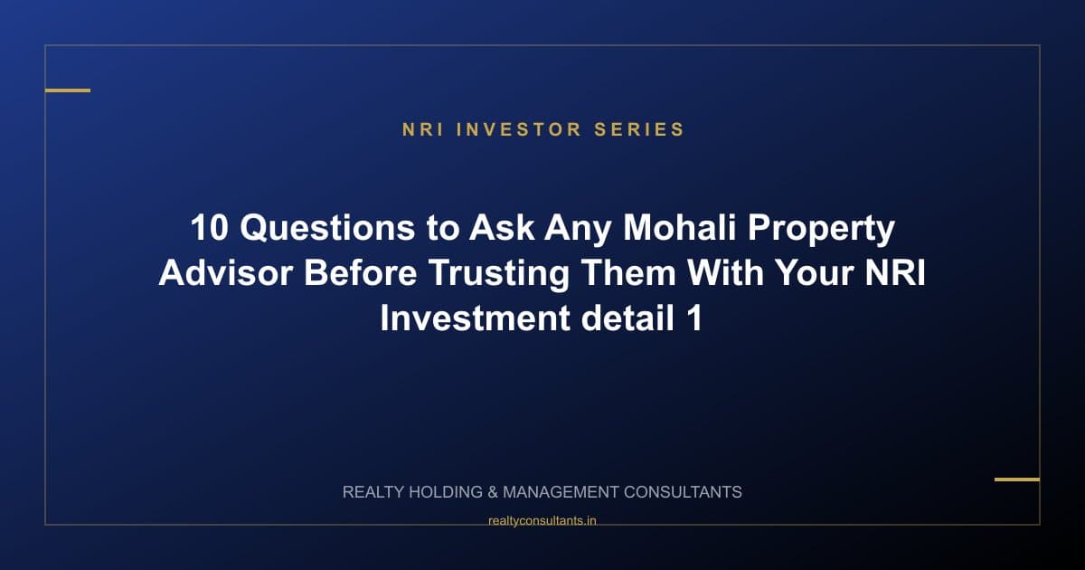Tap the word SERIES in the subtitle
[639, 129]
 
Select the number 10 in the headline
[210, 229]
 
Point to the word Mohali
[668, 229]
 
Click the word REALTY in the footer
[373, 493]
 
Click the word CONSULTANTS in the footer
[683, 493]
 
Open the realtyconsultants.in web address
[542, 520]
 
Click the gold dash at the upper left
[68, 90]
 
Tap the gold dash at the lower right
[1016, 480]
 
